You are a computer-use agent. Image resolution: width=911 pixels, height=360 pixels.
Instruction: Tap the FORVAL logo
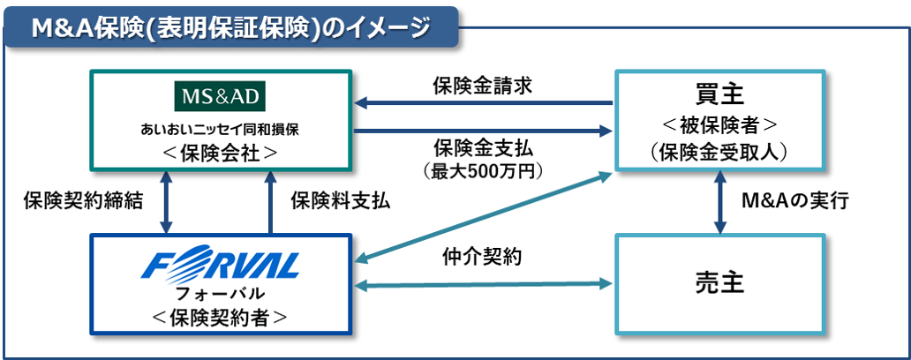click(x=223, y=265)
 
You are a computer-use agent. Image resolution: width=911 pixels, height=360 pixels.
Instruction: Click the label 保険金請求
click(x=481, y=86)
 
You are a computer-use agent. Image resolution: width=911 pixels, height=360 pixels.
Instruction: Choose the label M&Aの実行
click(x=795, y=201)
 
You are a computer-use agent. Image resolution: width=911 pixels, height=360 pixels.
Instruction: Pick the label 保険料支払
click(x=340, y=200)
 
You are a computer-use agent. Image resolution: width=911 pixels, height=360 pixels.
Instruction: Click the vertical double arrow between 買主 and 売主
click(x=720, y=201)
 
